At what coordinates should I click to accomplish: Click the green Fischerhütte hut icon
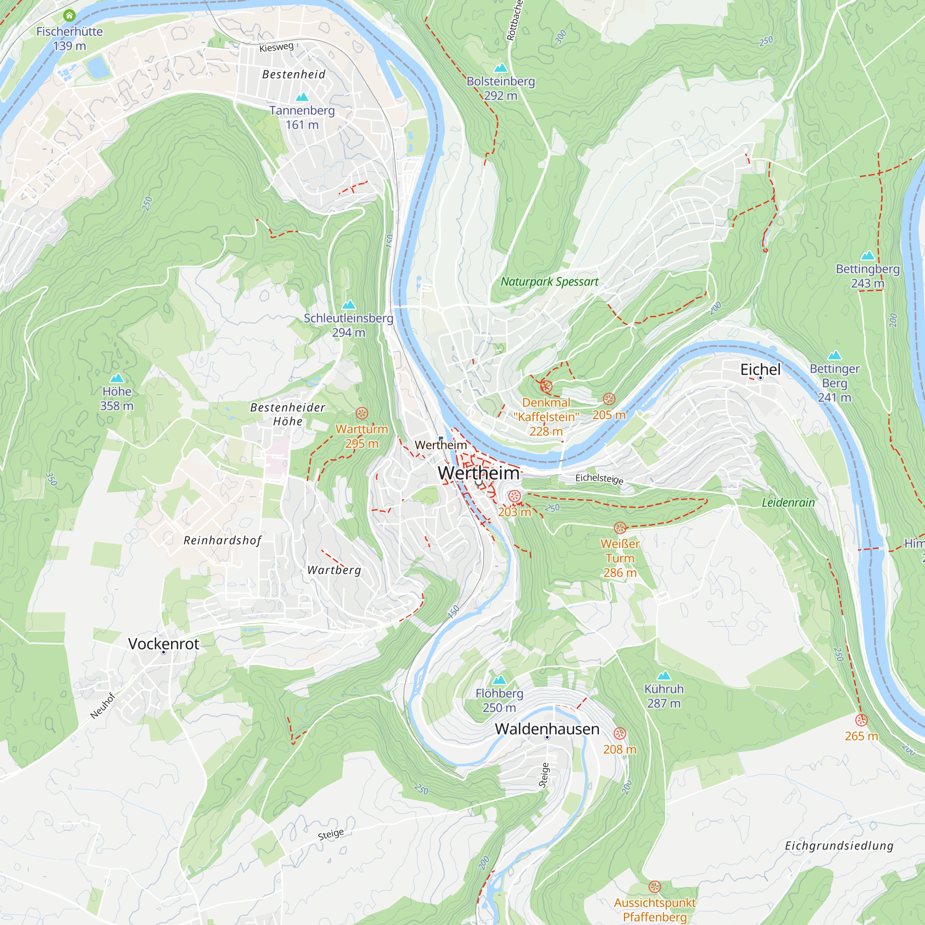click(69, 16)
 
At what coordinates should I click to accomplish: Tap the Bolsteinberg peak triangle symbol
click(500, 68)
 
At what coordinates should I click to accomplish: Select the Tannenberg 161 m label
click(302, 117)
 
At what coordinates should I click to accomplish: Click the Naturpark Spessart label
click(549, 282)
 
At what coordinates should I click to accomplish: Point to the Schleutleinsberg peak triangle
click(349, 304)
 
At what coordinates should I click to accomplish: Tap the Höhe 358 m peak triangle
click(117, 378)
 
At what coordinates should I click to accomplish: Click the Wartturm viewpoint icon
click(362, 413)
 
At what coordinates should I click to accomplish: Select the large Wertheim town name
click(478, 473)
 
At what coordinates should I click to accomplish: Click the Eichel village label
click(760, 369)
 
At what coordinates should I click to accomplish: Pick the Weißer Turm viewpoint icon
click(620, 528)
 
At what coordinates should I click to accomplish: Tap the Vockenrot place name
click(163, 643)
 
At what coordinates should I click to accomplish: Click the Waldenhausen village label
click(547, 728)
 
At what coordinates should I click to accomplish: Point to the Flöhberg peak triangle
click(499, 680)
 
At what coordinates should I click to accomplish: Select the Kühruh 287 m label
click(664, 696)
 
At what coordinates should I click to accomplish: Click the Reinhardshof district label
click(222, 540)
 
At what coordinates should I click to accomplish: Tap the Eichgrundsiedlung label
click(839, 845)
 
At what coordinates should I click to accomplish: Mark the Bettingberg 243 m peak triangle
click(868, 255)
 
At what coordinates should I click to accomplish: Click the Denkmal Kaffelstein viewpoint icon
click(546, 386)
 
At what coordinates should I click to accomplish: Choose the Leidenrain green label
click(788, 502)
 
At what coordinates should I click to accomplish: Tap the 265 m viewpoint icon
click(861, 720)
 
